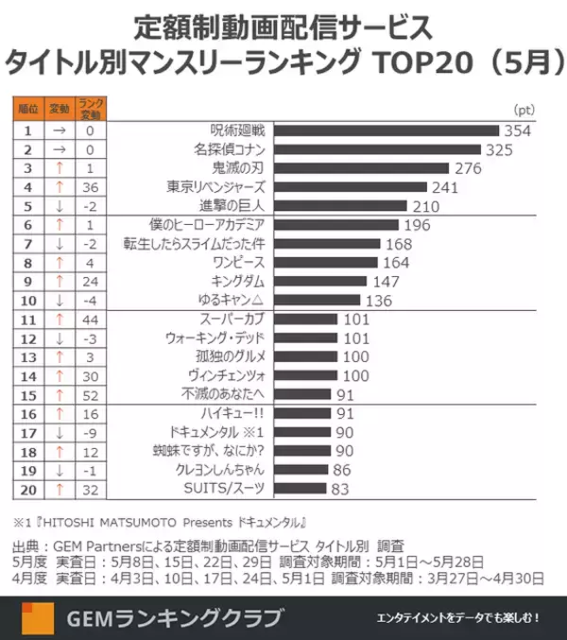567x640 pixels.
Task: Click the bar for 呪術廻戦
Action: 386,130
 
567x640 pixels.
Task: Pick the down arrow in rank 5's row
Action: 60,206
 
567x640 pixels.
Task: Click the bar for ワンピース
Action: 327,262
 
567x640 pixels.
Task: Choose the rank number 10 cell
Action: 28,300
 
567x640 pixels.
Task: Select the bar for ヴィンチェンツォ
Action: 306,375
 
